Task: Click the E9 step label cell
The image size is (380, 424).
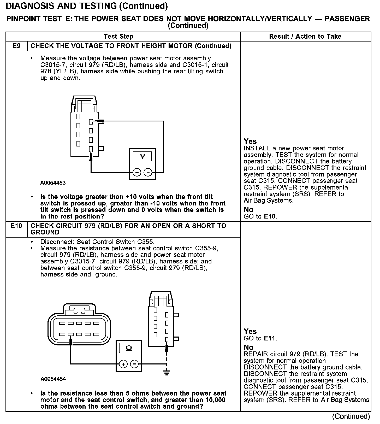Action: [x=16, y=46]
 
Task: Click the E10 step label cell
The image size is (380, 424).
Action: [x=16, y=226]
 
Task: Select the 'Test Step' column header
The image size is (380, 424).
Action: [x=118, y=37]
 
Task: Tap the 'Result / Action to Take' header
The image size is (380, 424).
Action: [x=305, y=37]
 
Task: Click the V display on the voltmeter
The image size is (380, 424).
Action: [x=142, y=156]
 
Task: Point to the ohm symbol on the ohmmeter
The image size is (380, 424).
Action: [x=129, y=348]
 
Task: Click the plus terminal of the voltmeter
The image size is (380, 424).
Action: [x=137, y=172]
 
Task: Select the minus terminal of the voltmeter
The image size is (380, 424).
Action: [x=148, y=172]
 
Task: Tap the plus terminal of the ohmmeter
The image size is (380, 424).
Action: [x=123, y=364]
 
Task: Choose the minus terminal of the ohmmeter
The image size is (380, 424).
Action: [x=134, y=364]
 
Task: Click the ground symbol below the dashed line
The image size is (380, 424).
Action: [x=167, y=373]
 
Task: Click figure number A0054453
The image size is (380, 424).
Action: [x=53, y=183]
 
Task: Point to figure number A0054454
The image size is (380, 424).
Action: [x=53, y=379]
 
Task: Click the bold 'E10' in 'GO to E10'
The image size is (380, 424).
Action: [x=270, y=216]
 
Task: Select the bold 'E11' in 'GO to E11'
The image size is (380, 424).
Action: [x=270, y=338]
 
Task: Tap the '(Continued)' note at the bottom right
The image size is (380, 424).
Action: [x=351, y=416]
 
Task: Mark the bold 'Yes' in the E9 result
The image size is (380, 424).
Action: [x=250, y=141]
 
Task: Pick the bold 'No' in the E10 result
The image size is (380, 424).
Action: [x=248, y=347]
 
